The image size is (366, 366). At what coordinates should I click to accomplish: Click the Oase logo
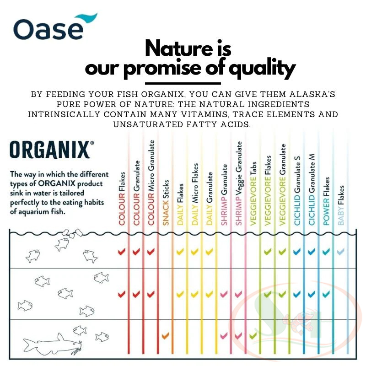point(55,27)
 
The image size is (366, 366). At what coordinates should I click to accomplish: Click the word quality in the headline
point(262,68)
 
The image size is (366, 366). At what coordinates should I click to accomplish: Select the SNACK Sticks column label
point(166,203)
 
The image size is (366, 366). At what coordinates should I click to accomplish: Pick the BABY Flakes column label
point(341,205)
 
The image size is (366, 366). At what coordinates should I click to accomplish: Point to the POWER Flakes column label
point(326,201)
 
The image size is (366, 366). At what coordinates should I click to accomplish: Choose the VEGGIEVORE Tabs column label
point(253,194)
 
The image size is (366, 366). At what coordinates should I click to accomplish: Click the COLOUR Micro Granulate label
point(151,183)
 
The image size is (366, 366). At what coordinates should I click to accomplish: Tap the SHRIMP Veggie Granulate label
point(239,183)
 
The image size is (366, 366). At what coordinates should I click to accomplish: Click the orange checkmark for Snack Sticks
point(165,336)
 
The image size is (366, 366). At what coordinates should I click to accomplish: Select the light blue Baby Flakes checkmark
point(341,251)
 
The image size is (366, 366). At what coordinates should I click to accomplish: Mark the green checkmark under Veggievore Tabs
point(253,336)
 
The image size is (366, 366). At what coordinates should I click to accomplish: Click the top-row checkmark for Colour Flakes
point(122,252)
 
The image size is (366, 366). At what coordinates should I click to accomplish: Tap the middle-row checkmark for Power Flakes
point(326,294)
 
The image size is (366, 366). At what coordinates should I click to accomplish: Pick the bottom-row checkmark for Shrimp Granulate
point(224,336)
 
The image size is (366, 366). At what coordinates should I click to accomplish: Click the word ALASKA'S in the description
point(312,94)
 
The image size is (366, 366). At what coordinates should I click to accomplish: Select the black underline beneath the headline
point(183,83)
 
